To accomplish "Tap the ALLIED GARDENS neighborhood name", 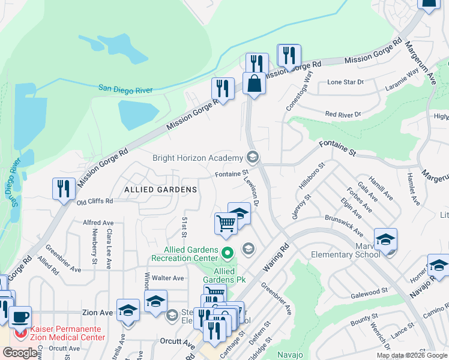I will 160,190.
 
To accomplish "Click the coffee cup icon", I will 20,317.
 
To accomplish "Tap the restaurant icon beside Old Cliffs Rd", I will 64,189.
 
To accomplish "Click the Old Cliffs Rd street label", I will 95,202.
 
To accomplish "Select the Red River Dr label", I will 342,113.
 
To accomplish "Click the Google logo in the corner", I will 20,353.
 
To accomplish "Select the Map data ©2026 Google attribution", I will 412,355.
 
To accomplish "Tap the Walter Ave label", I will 167,278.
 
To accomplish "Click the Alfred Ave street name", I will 98,222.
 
